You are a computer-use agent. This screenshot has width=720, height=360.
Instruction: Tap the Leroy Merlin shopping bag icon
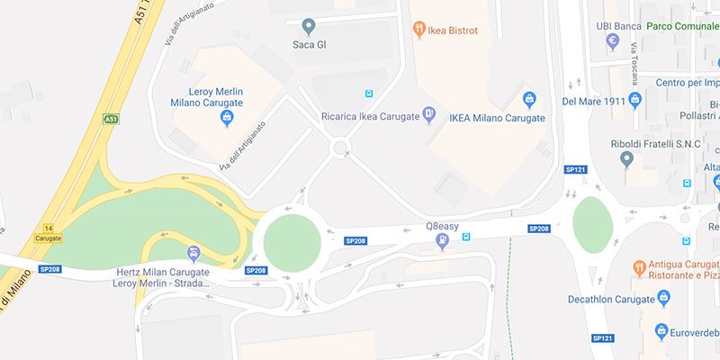pyautogui.click(x=228, y=116)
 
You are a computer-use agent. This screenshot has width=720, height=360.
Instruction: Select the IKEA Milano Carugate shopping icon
pyautogui.click(x=529, y=99)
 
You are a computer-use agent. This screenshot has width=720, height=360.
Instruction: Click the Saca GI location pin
pyautogui.click(x=309, y=26)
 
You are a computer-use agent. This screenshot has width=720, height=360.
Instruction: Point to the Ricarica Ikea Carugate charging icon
pyautogui.click(x=429, y=114)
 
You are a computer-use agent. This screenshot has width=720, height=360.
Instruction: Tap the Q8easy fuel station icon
pyautogui.click(x=442, y=241)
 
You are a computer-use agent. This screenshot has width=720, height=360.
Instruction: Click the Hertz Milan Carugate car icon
pyautogui.click(x=192, y=252)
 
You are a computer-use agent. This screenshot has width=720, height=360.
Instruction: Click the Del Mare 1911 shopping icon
pyautogui.click(x=634, y=99)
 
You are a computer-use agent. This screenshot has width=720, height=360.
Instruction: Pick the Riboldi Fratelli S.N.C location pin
pyautogui.click(x=627, y=159)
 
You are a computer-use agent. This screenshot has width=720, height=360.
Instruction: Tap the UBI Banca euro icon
pyautogui.click(x=613, y=41)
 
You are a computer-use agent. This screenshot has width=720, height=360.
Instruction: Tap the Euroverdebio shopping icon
pyautogui.click(x=661, y=331)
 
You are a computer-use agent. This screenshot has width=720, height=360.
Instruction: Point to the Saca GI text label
pyautogui.click(x=309, y=44)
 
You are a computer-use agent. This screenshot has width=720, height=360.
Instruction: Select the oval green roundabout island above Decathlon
pyautogui.click(x=592, y=225)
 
